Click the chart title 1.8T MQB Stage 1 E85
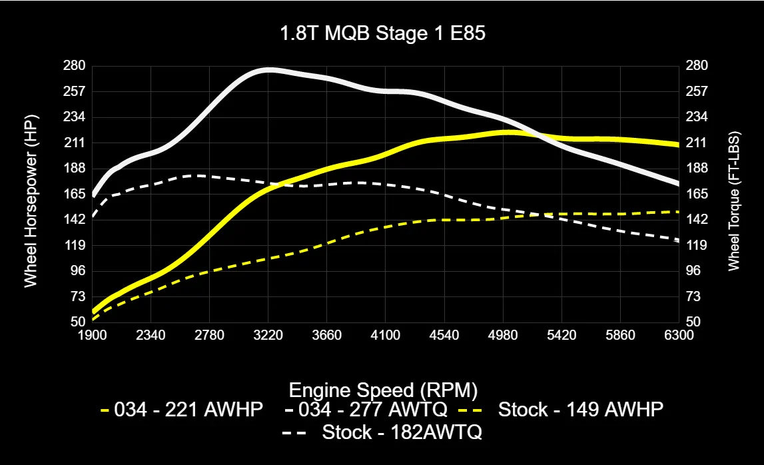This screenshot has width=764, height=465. click(x=382, y=35)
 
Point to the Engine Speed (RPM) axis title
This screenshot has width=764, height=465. click(x=382, y=389)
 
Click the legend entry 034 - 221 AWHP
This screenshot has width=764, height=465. click(x=182, y=409)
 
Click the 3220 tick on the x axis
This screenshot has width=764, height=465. click(x=268, y=335)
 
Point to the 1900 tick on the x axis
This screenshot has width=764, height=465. click(x=93, y=335)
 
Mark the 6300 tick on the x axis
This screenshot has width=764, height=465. click(x=679, y=335)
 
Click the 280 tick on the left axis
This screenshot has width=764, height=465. click(x=75, y=65)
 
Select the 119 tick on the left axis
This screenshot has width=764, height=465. click(x=75, y=245)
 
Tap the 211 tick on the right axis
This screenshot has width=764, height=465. click(x=697, y=143)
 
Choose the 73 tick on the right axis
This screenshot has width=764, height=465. click(x=695, y=296)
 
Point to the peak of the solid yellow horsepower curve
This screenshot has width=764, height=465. click(x=508, y=132)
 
